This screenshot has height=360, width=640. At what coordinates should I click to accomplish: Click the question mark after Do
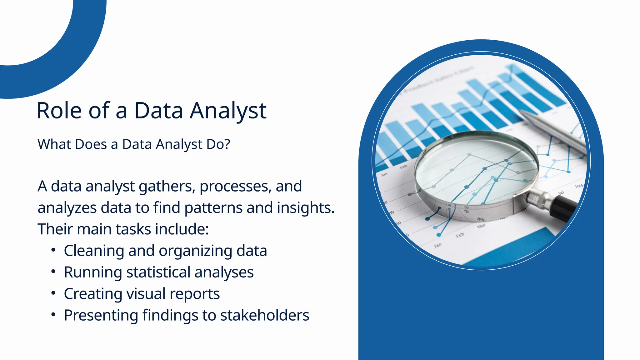coord(227,144)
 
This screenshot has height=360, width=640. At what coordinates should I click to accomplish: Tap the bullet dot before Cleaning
coord(53,251)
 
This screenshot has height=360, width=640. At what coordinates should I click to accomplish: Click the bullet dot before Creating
coord(53,293)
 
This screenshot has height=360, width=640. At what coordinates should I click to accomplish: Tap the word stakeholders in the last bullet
coord(265,315)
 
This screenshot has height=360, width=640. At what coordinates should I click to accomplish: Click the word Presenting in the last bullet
coord(101,315)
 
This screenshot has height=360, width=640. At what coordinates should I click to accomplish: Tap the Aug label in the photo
coord(579,186)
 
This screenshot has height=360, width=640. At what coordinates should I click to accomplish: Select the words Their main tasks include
coord(123,229)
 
